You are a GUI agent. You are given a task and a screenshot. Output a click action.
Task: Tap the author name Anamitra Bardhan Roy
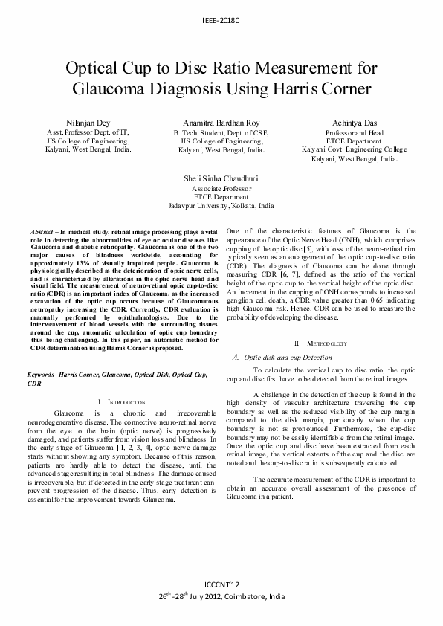point(221,120)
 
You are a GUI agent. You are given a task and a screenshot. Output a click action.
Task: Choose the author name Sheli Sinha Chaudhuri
point(221,179)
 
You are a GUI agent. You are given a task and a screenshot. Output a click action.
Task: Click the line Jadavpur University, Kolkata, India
point(221,205)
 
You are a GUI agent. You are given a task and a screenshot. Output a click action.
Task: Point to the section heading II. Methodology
point(320,343)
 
